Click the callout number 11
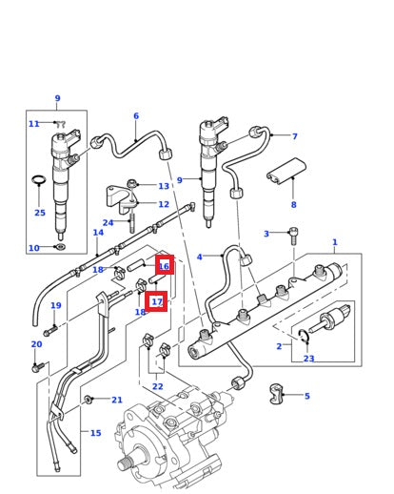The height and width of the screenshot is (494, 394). coord(33,124)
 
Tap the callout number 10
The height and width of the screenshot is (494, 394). coord(33,248)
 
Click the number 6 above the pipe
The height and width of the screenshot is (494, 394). coord(135,116)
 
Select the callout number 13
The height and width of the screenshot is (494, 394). coord(164,186)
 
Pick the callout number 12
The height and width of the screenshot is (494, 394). coord(164,204)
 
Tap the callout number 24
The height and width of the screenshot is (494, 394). coord(108,223)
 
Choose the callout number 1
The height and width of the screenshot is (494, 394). coord(334,242)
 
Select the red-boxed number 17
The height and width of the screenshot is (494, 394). coord(156,302)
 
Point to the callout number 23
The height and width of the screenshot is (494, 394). coord(308,359)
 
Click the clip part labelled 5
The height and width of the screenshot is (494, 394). coord(279,393)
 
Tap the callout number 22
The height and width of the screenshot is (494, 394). coord(157,386)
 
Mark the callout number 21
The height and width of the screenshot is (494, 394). coord(117,400)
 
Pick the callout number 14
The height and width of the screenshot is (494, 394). coord(98,233)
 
